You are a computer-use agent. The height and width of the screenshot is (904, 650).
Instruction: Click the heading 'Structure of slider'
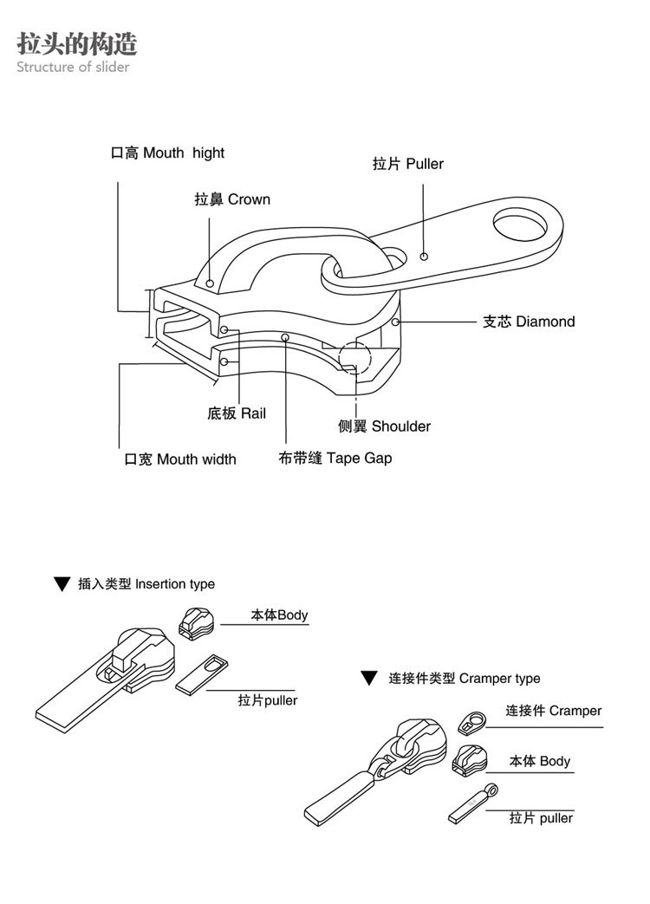coord(73,67)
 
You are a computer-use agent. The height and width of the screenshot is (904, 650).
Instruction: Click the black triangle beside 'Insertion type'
coord(61,584)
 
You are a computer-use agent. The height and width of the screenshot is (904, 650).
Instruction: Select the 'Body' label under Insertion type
coord(279,615)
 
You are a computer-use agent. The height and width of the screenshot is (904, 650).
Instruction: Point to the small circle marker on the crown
coord(210,283)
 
